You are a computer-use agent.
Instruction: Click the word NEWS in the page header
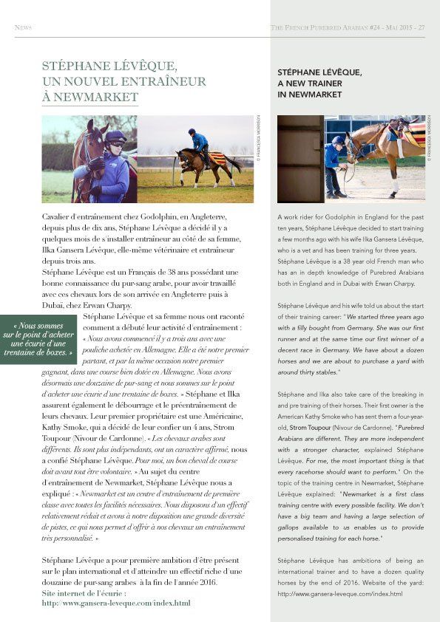coord(22,28)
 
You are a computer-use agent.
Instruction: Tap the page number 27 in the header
coord(422,28)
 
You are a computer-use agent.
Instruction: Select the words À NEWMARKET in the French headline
coord(90,96)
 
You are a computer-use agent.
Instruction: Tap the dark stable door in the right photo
coord(299,159)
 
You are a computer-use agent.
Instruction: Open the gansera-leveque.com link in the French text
coord(116,603)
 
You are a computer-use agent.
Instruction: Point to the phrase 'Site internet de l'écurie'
coord(84,593)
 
